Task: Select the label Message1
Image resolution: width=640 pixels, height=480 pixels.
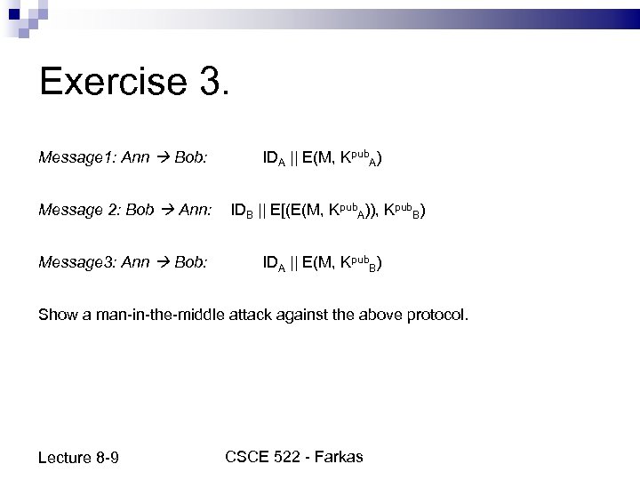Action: (74, 159)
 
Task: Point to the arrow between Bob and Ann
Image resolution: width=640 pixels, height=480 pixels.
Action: (166, 211)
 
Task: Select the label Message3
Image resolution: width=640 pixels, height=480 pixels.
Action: (74, 263)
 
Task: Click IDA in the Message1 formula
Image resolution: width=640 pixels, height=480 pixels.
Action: (274, 160)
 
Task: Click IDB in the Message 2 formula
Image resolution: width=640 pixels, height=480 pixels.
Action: (243, 212)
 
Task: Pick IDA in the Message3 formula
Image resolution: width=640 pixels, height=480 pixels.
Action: (274, 264)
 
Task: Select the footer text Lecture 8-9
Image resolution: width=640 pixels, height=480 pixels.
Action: (80, 458)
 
